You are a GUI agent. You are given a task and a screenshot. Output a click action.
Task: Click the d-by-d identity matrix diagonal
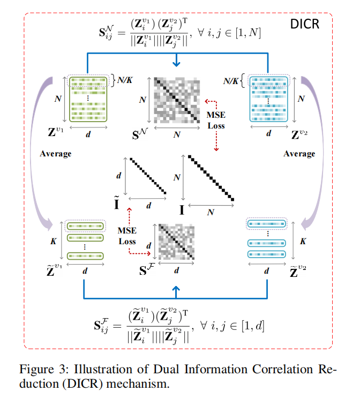pos(148,175)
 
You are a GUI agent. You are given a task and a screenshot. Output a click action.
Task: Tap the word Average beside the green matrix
pos(56,154)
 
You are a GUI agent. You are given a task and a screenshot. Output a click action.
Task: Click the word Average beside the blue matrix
pos(299,154)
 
